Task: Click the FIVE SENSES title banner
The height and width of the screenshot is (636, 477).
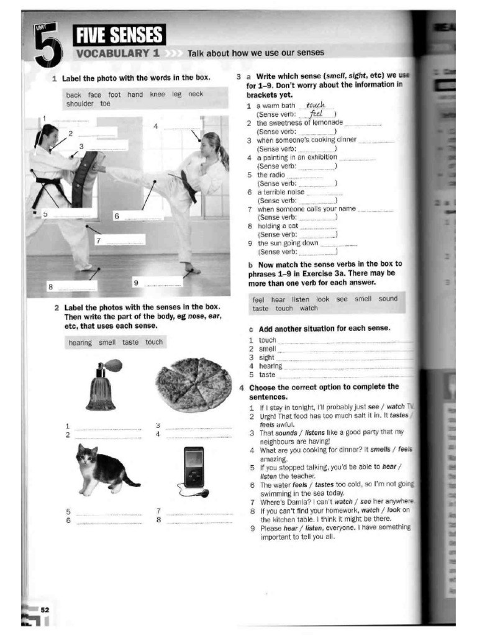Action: (119, 35)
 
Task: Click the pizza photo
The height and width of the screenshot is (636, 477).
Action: (194, 384)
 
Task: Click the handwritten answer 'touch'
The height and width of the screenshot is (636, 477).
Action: (316, 106)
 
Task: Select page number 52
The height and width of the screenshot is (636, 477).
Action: (45, 611)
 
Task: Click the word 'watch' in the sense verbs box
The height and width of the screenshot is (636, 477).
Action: (309, 308)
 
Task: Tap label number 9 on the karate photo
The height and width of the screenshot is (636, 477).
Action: (136, 283)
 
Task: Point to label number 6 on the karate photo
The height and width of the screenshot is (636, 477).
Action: (116, 216)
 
